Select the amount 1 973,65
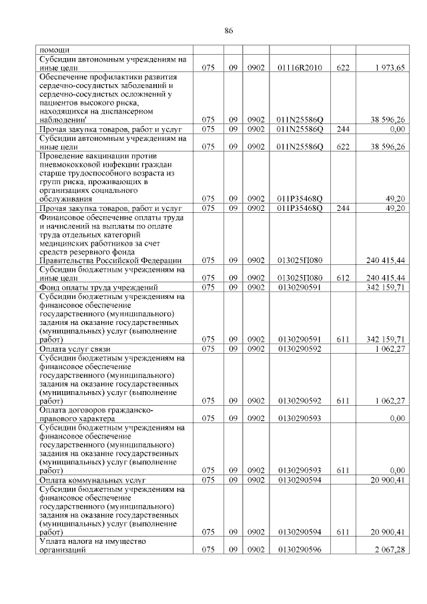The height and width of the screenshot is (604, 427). point(390,67)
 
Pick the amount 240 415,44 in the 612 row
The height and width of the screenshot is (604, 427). point(386,277)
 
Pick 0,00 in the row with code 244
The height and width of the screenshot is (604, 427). point(397,128)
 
